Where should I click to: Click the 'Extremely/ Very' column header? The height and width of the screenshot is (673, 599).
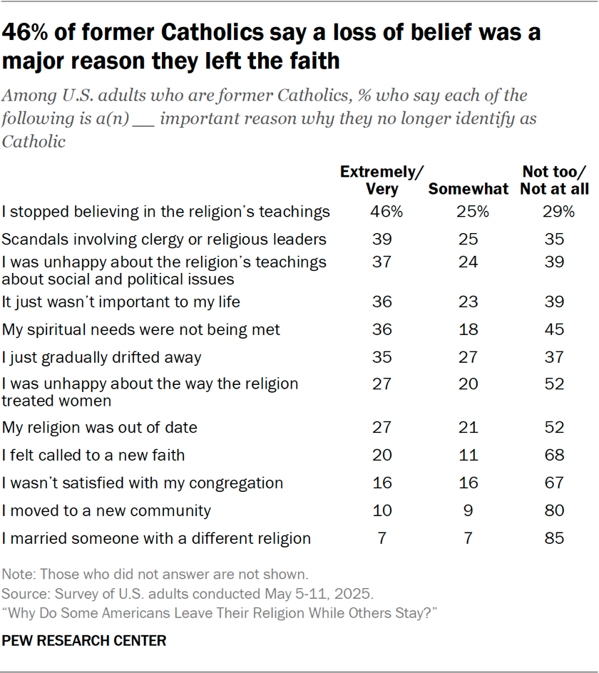[382, 180]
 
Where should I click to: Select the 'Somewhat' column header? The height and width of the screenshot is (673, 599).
[468, 190]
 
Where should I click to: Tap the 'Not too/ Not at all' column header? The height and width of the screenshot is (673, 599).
[556, 180]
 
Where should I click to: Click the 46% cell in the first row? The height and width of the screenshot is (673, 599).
[382, 212]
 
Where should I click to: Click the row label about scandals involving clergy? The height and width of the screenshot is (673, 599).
[165, 240]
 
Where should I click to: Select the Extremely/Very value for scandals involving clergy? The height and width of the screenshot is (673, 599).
[382, 240]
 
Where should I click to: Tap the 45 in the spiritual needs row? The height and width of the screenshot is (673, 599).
[556, 330]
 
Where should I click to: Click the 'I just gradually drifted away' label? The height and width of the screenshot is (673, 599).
[102, 357]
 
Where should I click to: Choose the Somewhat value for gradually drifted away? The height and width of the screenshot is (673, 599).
[468, 357]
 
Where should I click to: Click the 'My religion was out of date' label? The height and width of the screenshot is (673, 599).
[100, 428]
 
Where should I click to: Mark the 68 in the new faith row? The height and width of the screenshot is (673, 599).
[556, 455]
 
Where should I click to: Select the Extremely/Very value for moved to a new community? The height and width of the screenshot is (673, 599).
[382, 510]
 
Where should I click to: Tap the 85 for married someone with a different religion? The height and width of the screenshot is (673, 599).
[556, 538]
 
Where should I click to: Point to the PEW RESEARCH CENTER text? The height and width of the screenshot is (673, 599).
[84, 641]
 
